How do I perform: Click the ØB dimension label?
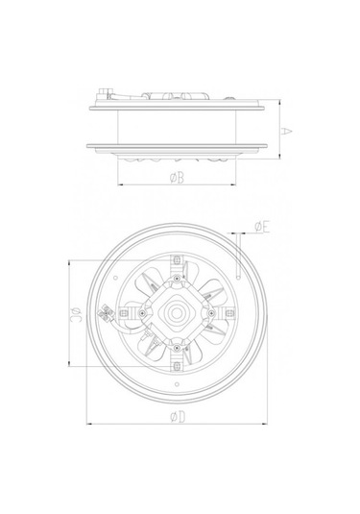coord(177,178)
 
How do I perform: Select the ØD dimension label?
coord(178,417)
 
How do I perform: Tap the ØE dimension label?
coord(262,227)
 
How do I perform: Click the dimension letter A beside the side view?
coord(286,131)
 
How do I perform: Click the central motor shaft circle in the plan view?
coord(177,313)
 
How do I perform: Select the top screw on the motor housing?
coord(177,279)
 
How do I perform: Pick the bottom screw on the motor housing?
coord(177,348)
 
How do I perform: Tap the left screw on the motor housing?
coord(142,313)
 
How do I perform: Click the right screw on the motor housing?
coord(211,313)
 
